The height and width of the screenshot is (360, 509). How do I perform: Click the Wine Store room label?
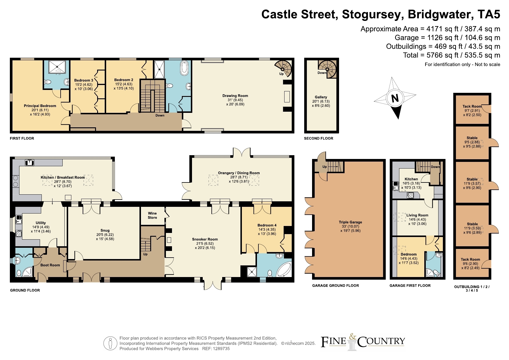pyautogui.click(x=152, y=215)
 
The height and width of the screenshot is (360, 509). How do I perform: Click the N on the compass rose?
pyautogui.click(x=395, y=98)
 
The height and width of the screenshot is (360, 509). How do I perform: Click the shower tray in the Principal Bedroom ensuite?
pyautogui.click(x=57, y=67)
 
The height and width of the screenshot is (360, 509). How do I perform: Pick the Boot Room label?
pyautogui.click(x=50, y=265)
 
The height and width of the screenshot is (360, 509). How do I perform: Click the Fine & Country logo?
pyautogui.click(x=363, y=342)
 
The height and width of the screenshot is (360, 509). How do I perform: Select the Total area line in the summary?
pyautogui.click(x=452, y=55)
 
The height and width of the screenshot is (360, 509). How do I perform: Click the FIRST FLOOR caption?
pyautogui.click(x=22, y=138)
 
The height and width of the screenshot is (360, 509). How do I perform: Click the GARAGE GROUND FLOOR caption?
pyautogui.click(x=336, y=285)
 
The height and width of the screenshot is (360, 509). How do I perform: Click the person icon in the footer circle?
pyautogui.click(x=110, y=343)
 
